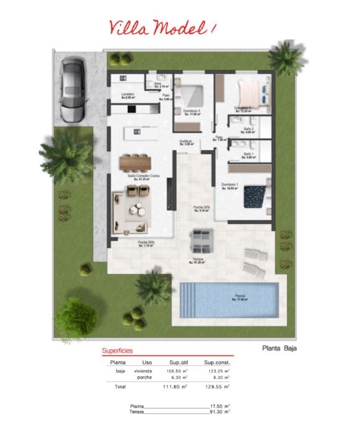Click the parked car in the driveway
click(72, 90)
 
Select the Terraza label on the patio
click(197, 259)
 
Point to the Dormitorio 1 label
click(229, 184)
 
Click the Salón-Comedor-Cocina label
click(143, 176)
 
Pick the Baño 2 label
click(248, 129)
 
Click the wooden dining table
click(135, 161)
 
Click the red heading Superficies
click(117, 351)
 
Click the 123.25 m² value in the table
click(217, 371)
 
